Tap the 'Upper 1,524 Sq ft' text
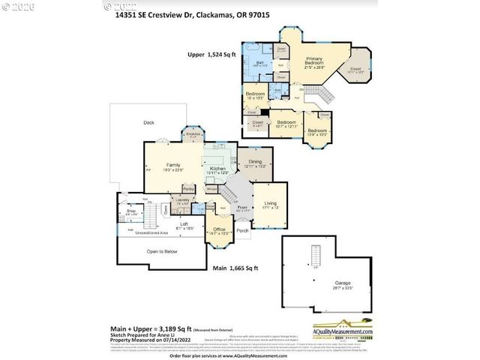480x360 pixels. (211, 55)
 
